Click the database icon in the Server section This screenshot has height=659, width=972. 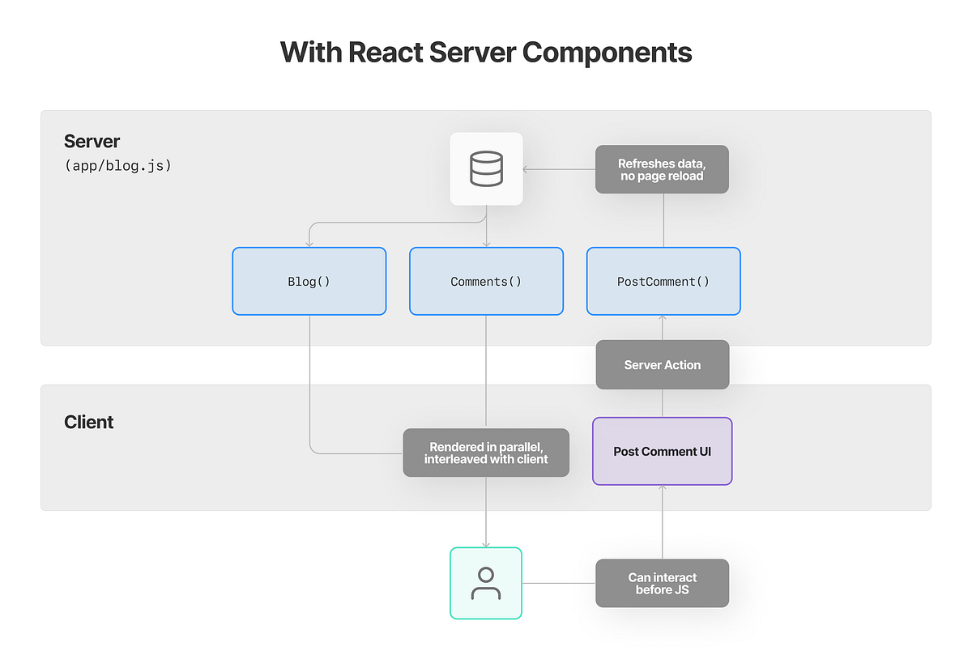coord(486,169)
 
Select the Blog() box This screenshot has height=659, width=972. coord(309,282)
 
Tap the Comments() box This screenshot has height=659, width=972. coord(486,282)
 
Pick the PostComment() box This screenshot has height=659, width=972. coord(663,282)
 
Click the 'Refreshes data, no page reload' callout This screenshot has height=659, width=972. coord(662,169)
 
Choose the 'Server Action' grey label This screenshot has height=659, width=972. coord(662,364)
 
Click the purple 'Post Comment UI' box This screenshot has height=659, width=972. coord(662,451)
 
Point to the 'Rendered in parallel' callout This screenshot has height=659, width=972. coord(486,453)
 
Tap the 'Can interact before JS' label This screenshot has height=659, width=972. coord(662,583)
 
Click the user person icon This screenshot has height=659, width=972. coord(486,583)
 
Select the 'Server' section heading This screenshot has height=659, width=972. coord(92,141)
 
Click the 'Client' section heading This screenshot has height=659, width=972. coord(88,422)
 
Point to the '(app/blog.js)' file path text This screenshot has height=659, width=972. coord(117,167)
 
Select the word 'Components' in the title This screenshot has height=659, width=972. coord(607,53)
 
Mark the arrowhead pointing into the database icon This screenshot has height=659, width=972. coord(527,169)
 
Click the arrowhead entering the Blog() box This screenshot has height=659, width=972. coord(309,243)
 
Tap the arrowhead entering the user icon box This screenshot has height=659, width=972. coord(486,543)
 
